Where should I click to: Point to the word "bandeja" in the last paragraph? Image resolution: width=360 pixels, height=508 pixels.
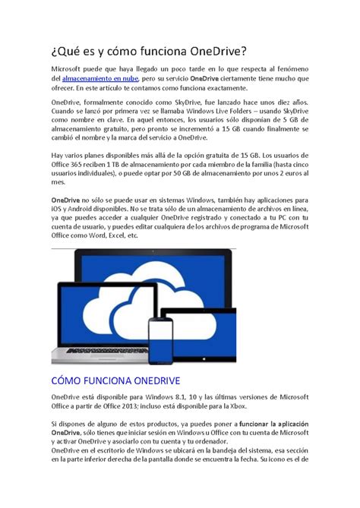(x=224, y=450)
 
